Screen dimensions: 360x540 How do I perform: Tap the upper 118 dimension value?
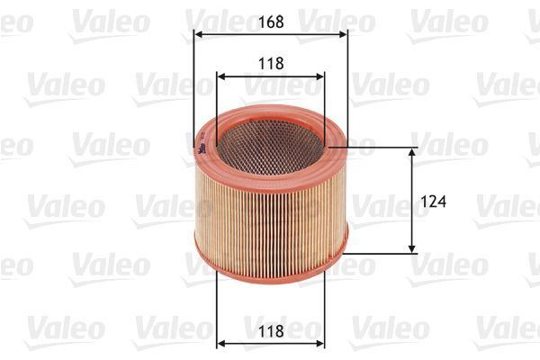(270, 64)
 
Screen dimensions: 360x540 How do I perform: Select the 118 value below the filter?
(270, 332)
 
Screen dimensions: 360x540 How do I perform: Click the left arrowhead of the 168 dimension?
(199, 34)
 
